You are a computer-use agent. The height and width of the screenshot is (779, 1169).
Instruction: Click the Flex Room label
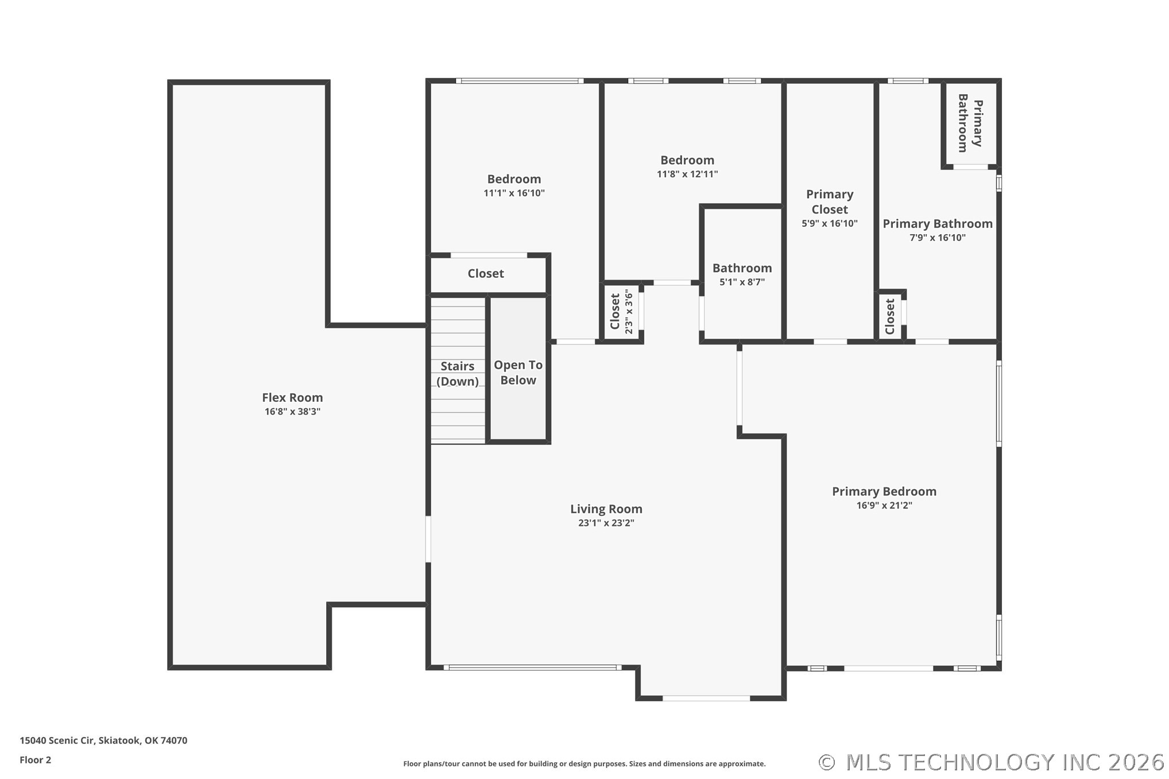292,397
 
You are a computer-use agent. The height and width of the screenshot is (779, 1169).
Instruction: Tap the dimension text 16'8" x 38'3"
292,412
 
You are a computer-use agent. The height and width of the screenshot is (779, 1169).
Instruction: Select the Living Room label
606,509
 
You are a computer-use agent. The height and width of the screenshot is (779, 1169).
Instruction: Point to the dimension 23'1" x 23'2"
606,523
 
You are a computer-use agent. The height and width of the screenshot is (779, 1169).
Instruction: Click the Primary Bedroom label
884,491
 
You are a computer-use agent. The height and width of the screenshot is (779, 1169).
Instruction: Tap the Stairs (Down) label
458,374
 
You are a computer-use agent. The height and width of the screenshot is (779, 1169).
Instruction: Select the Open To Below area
518,373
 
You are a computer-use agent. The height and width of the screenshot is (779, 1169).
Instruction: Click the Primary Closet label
829,201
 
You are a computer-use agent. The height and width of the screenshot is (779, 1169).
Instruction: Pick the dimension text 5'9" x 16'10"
829,223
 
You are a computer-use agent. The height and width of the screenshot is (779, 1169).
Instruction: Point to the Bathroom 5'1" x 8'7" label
742,268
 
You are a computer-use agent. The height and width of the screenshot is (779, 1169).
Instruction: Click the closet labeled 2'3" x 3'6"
621,312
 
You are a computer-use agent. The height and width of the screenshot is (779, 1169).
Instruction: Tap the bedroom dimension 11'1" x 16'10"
514,193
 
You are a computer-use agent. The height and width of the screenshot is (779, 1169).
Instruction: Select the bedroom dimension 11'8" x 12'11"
687,174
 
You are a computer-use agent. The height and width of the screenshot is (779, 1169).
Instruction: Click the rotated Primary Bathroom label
970,123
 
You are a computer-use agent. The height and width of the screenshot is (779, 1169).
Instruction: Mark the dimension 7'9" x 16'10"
937,238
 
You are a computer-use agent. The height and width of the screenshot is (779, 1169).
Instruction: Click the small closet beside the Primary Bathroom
890,316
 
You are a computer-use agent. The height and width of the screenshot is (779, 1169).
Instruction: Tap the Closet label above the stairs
486,274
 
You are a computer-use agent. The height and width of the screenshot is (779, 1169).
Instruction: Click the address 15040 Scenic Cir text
103,741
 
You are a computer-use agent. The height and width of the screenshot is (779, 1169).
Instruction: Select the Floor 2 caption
35,760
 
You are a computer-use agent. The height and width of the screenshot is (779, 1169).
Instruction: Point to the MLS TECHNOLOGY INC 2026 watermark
991,762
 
